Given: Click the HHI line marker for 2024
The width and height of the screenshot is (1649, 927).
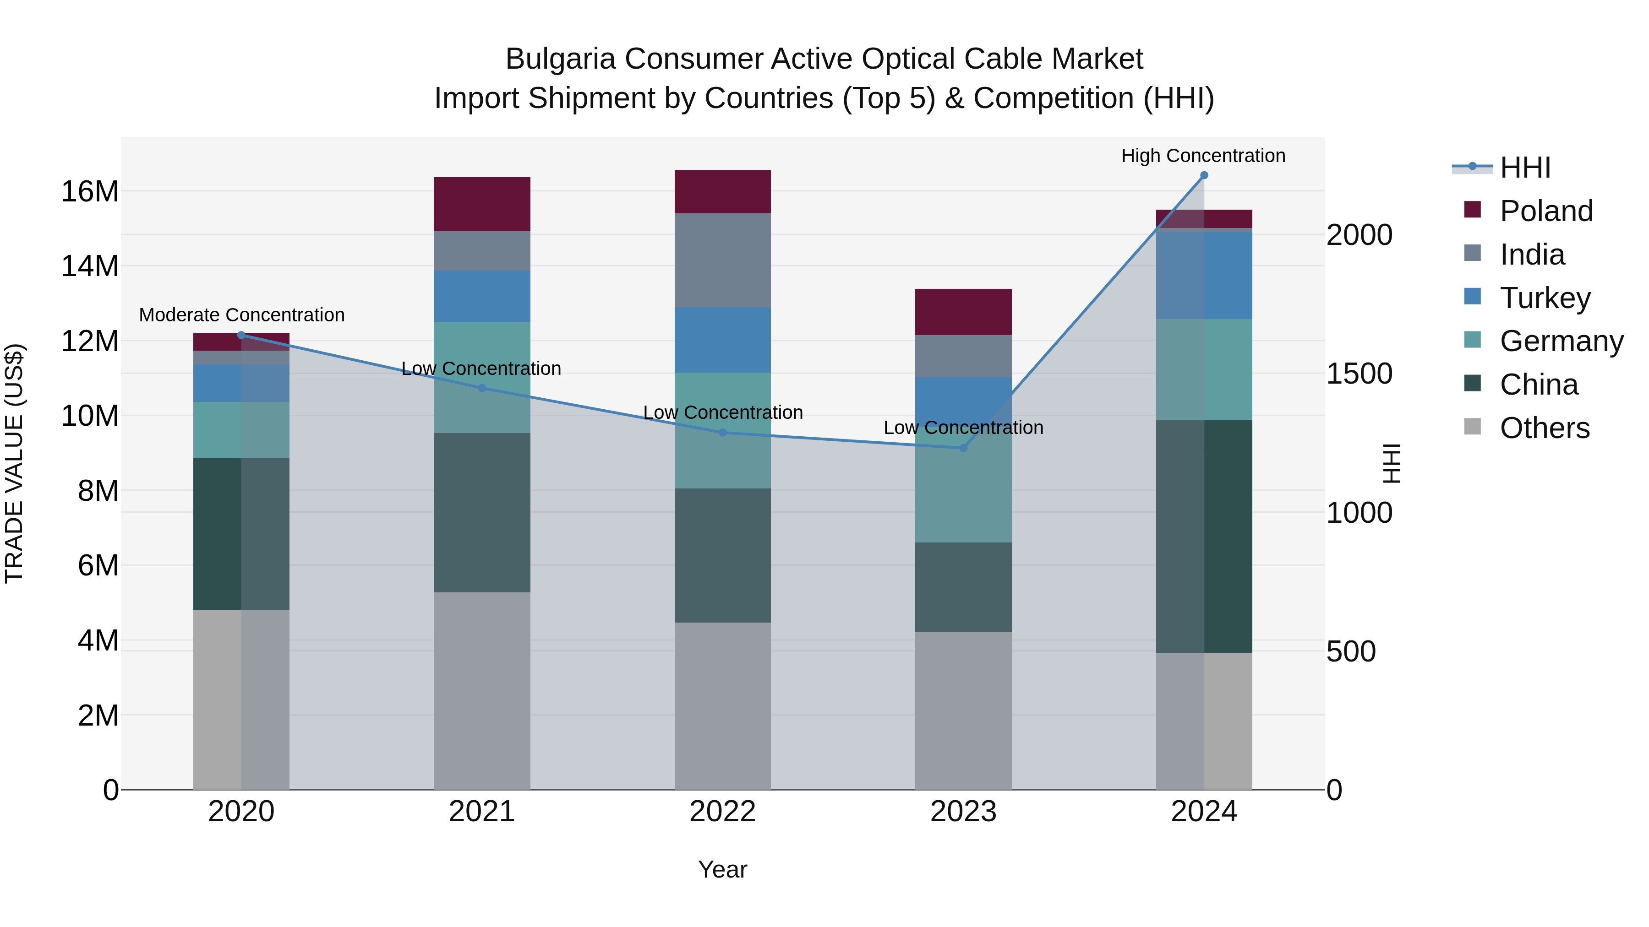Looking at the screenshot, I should [1203, 175].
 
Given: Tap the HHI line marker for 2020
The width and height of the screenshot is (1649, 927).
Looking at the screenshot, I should [241, 335].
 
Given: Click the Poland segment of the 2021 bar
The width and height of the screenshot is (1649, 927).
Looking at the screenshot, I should [481, 204].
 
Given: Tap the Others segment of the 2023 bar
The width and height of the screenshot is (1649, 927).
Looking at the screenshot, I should [963, 710].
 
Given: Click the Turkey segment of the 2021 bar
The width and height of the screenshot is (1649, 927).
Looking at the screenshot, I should [481, 296].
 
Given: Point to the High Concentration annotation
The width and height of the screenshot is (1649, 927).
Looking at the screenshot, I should [1203, 156].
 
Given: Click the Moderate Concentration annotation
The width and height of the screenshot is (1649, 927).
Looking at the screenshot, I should [241, 315].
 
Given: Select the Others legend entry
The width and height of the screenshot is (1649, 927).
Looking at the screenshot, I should [1544, 428].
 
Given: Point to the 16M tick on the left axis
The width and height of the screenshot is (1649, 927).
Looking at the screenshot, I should [90, 191].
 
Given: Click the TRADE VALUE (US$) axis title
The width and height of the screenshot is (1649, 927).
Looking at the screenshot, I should [14, 463].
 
